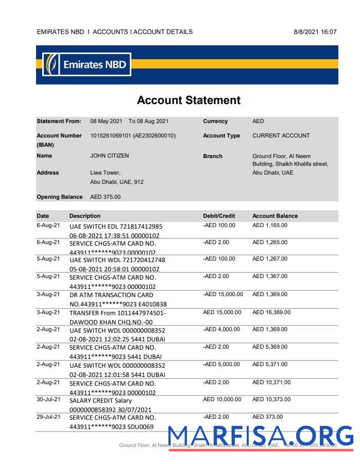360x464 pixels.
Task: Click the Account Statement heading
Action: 188,100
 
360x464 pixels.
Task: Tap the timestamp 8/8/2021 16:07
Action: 315,32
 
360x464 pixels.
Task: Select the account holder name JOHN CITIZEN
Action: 109,156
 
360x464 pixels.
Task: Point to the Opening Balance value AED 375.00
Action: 105,197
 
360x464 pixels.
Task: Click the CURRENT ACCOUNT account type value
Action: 281,135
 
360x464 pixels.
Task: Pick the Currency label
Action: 215,122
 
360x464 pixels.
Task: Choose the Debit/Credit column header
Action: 219,216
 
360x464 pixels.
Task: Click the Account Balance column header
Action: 275,216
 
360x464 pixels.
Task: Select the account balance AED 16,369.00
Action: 271,312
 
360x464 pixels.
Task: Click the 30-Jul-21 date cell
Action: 48,399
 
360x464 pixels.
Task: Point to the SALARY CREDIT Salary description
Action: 100,400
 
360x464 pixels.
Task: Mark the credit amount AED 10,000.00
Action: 222,399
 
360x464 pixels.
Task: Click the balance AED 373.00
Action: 267,417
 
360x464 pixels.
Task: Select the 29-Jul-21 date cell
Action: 48,417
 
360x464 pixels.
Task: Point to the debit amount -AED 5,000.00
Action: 221,364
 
